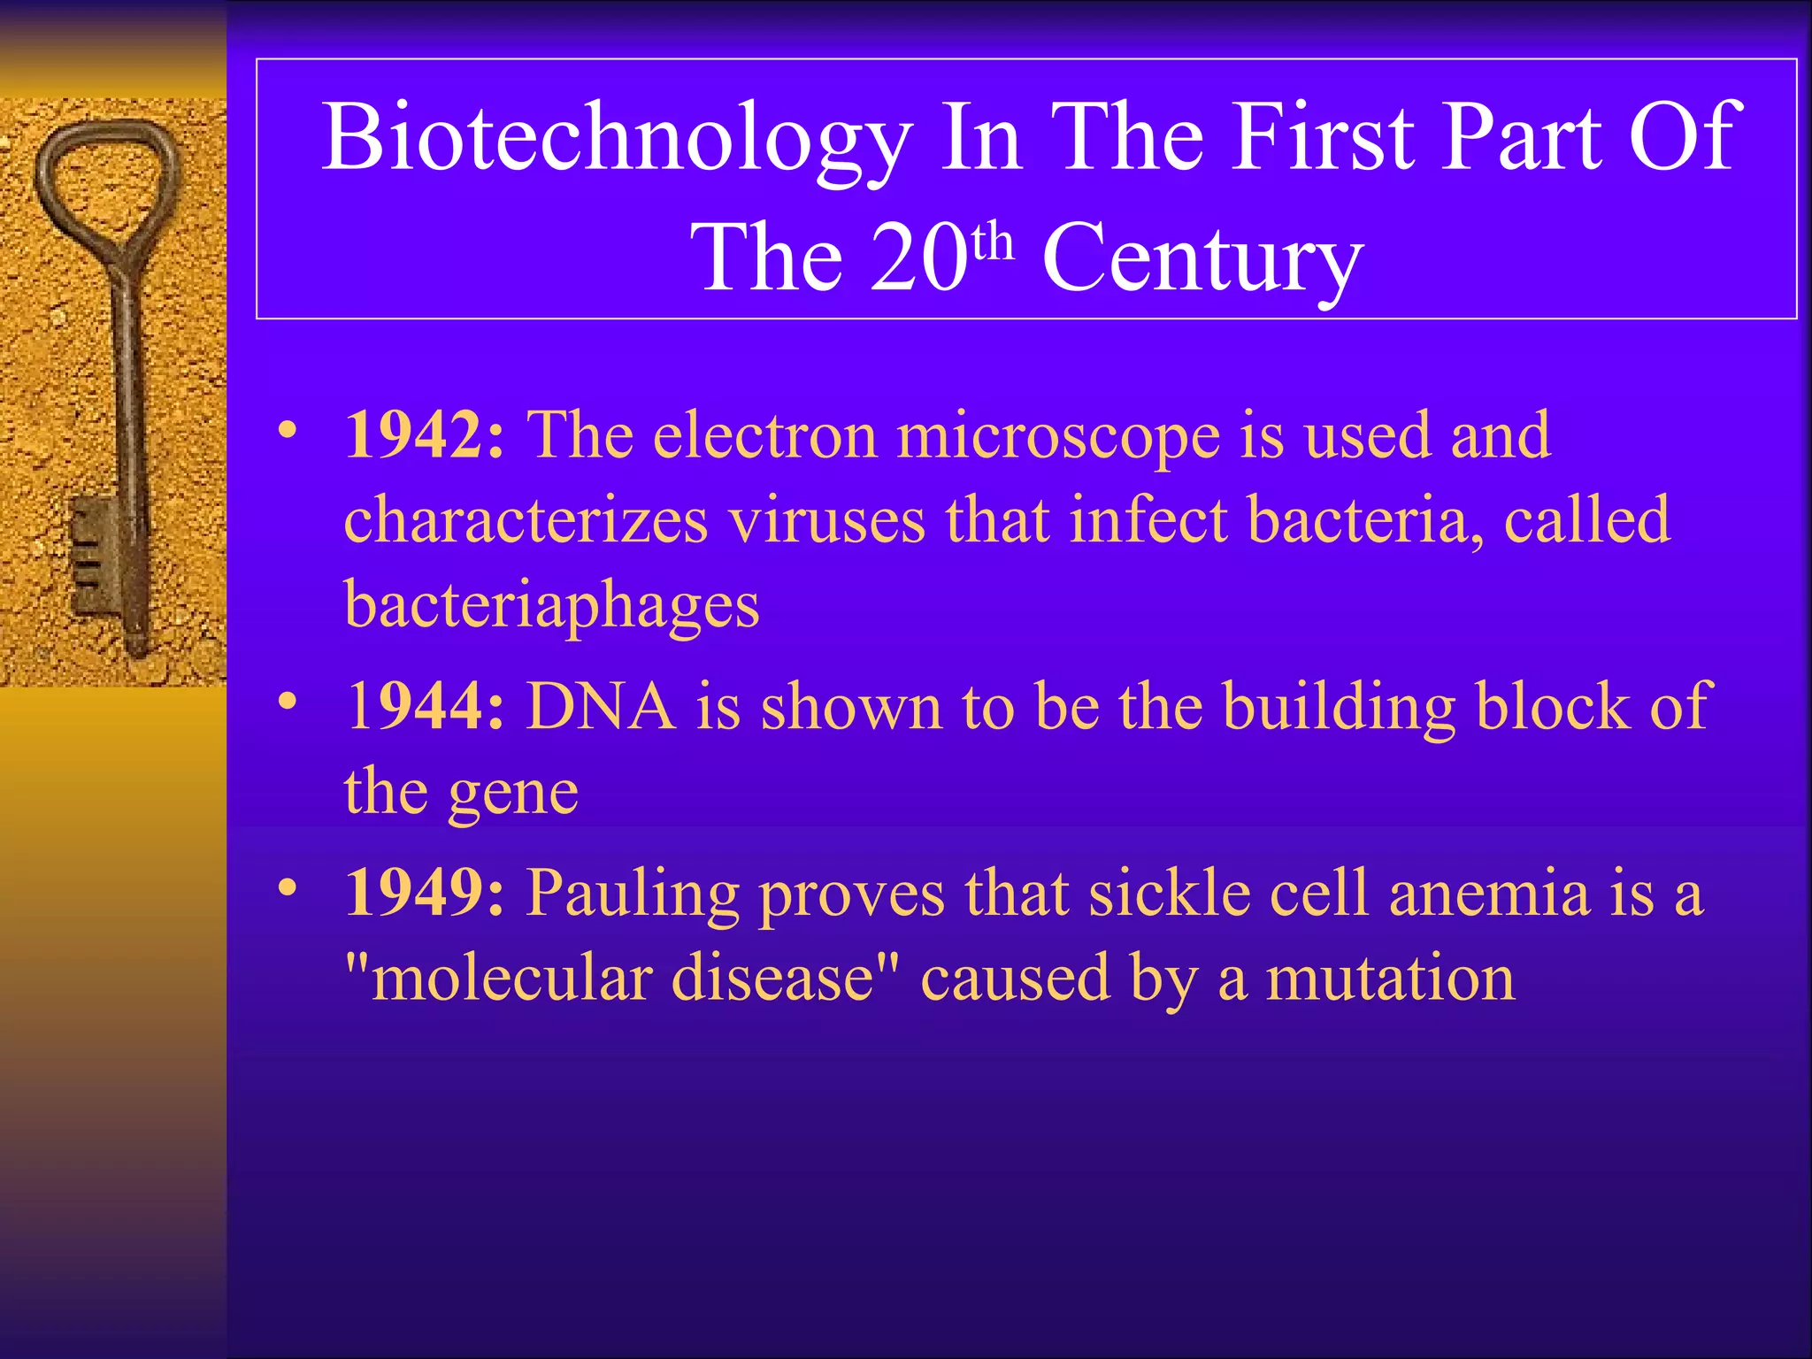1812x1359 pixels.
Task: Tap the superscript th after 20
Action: (x=993, y=240)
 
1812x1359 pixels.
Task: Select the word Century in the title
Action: (x=1202, y=258)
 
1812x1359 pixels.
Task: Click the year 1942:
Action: (x=425, y=435)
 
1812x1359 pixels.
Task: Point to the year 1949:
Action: (x=425, y=894)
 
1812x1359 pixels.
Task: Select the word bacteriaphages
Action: (x=551, y=606)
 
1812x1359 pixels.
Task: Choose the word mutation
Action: (x=1390, y=979)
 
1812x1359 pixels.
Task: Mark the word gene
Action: (x=513, y=793)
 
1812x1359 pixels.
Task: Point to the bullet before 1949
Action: (x=286, y=887)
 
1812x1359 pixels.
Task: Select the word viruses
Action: (x=826, y=521)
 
